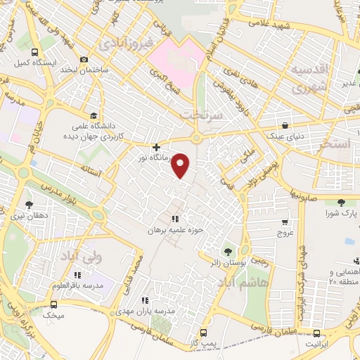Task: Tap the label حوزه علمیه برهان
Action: (176, 230)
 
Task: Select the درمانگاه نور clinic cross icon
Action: (156, 147)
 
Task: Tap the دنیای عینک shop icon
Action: (285, 124)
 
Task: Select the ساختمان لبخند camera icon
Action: (85, 59)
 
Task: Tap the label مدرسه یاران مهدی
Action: (169, 310)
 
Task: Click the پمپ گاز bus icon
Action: (204, 333)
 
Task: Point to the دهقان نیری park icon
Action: (28, 204)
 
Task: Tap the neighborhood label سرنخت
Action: (200, 113)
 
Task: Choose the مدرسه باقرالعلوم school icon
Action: (89, 276)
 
